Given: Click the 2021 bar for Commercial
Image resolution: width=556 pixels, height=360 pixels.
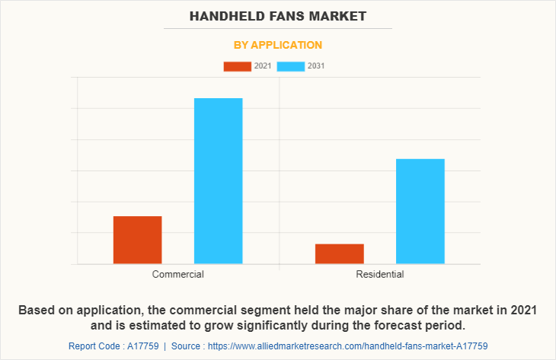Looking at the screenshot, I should pos(137,240).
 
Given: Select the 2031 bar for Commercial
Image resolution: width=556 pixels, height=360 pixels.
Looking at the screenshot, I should pos(218,180).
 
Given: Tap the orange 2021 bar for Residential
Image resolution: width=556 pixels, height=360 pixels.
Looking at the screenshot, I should pos(339,253).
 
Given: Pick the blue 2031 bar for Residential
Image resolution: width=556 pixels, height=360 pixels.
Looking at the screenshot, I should pos(420,211).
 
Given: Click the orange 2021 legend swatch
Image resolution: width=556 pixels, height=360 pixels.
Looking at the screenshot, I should pos(237,66).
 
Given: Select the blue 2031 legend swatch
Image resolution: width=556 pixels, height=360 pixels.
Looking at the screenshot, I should pos(291,66).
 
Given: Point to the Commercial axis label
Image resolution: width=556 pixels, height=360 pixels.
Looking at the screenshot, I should pos(177,274).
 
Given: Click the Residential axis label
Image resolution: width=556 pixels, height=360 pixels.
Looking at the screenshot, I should pos(379,274).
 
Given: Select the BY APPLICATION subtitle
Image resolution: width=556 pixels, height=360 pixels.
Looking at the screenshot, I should pos(278,45).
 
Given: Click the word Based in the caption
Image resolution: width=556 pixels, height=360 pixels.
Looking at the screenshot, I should pos(37,310).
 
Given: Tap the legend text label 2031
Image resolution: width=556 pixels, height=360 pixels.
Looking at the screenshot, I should pos(316,66).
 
